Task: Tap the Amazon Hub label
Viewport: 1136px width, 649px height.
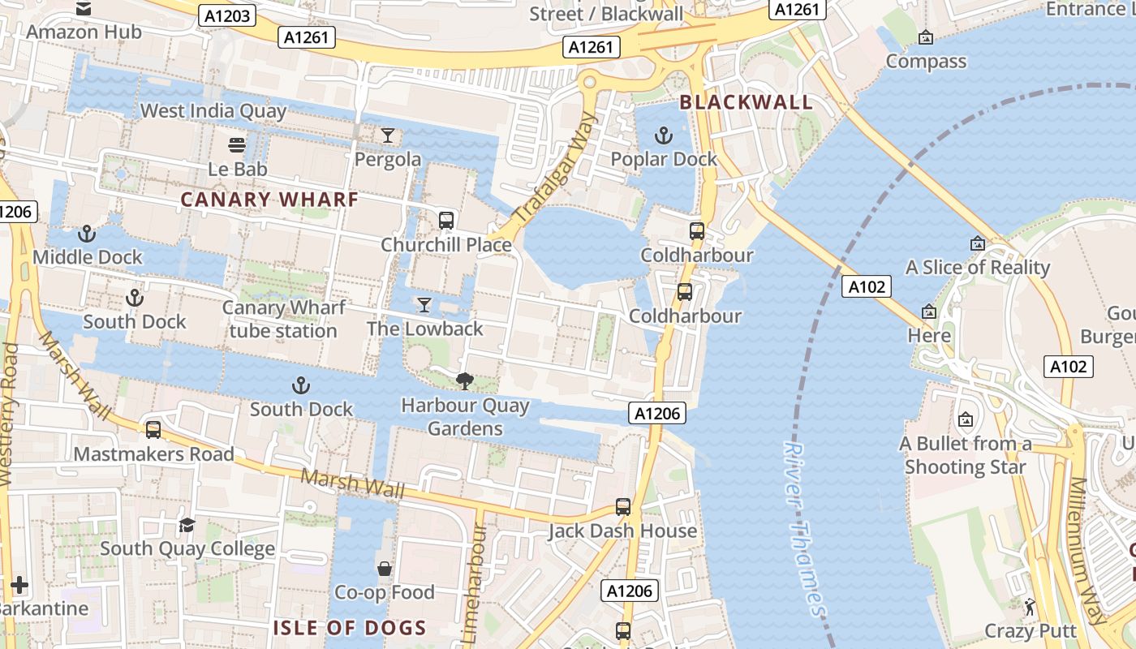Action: click(x=84, y=32)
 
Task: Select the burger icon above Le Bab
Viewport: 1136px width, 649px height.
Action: click(x=237, y=145)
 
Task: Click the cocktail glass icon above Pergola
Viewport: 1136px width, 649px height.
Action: click(x=388, y=135)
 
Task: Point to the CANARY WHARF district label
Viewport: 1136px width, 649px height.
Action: click(x=269, y=200)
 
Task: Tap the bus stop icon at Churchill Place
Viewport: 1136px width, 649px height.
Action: click(x=445, y=220)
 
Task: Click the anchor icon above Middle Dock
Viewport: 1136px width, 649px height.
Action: click(x=87, y=234)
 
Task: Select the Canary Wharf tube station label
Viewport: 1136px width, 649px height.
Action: click(x=283, y=320)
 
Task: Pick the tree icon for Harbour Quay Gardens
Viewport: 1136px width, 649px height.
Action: click(x=465, y=380)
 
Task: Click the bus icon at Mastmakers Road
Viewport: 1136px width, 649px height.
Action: click(x=153, y=430)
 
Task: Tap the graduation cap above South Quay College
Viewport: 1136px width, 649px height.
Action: click(x=187, y=525)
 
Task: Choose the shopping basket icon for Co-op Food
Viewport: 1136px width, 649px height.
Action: click(x=385, y=569)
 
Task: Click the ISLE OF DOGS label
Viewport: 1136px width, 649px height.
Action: click(x=350, y=627)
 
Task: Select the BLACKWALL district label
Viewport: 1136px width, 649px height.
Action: click(x=746, y=102)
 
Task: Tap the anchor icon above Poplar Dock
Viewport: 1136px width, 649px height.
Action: click(x=664, y=135)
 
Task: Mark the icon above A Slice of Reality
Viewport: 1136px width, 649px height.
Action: click(x=977, y=243)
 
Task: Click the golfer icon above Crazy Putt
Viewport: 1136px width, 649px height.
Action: click(x=1030, y=606)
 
